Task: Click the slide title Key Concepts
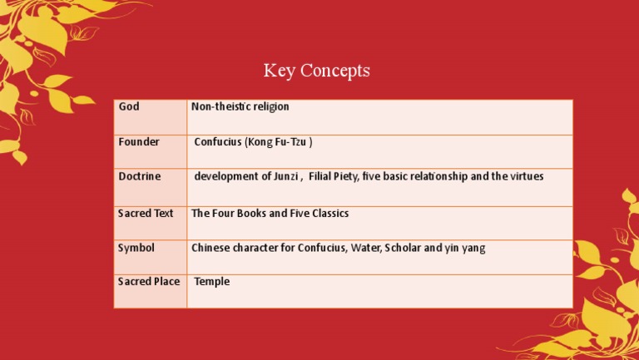317,71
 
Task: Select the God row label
128,106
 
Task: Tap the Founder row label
138,142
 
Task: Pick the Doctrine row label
139,176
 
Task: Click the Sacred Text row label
146,214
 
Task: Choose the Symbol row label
136,248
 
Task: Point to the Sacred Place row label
149,282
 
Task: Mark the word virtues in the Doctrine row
524,176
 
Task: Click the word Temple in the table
212,282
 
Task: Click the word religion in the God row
270,106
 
